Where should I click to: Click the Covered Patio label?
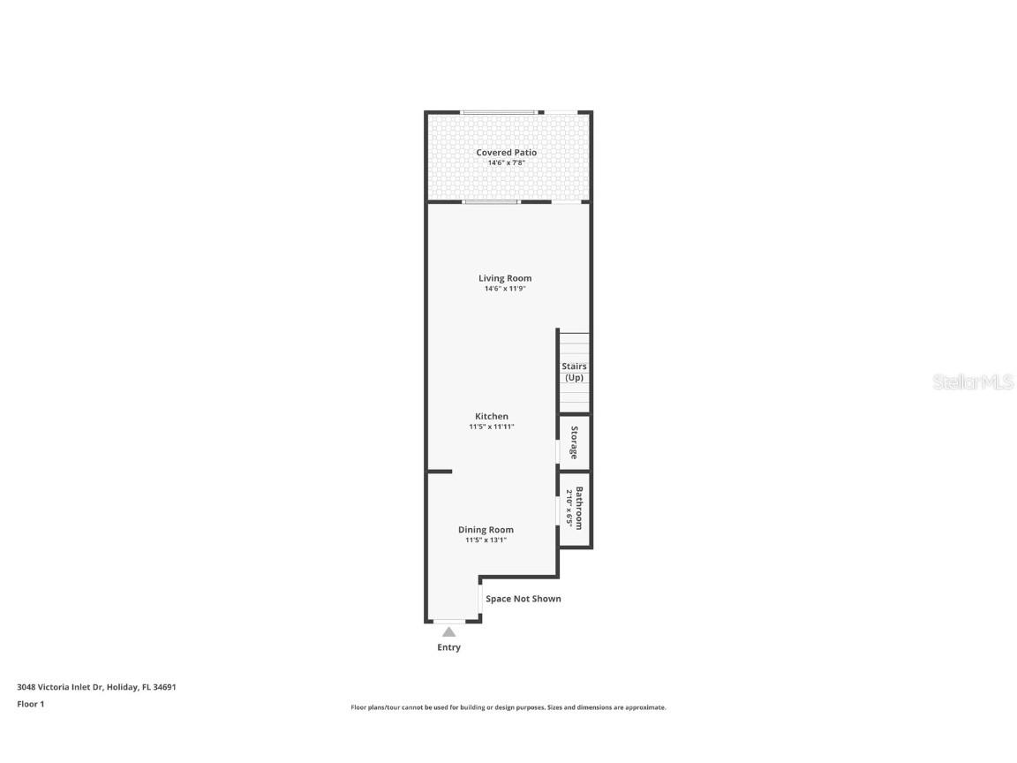pyautogui.click(x=506, y=153)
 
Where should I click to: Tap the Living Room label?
pyautogui.click(x=505, y=278)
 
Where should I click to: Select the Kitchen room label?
pyautogui.click(x=492, y=416)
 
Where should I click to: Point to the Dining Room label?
pyautogui.click(x=486, y=530)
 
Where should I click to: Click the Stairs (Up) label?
pyautogui.click(x=574, y=372)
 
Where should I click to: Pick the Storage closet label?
pyautogui.click(x=574, y=442)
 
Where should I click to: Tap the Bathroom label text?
pyautogui.click(x=579, y=508)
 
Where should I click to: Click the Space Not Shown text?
pyautogui.click(x=524, y=599)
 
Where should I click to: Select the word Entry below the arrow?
pyautogui.click(x=448, y=647)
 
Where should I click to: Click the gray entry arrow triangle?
pyautogui.click(x=448, y=631)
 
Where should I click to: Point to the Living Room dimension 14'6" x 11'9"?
pyautogui.click(x=505, y=289)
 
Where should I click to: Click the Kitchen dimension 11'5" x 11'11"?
pyautogui.click(x=492, y=427)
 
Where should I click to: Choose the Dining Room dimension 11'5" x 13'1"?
pyautogui.click(x=486, y=540)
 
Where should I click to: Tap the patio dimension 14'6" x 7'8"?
pyautogui.click(x=506, y=162)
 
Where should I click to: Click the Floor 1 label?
pyautogui.click(x=30, y=704)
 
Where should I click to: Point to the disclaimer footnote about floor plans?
pyautogui.click(x=508, y=707)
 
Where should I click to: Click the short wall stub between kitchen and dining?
pyautogui.click(x=440, y=472)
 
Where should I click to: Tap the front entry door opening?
pyautogui.click(x=448, y=622)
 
